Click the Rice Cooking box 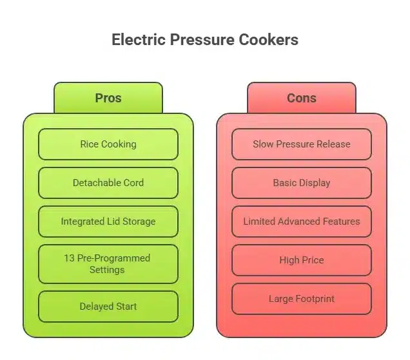(x=108, y=144)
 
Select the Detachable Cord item (x=108, y=183)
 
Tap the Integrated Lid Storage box (x=108, y=222)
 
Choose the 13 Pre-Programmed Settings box (x=108, y=264)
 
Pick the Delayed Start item (x=108, y=307)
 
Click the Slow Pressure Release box (x=301, y=144)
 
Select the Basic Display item (x=301, y=183)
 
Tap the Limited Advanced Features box (x=301, y=222)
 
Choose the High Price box (x=301, y=260)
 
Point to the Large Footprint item (x=301, y=299)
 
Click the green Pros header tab (x=108, y=98)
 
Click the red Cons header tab (x=301, y=98)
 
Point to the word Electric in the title (x=138, y=40)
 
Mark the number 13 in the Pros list (x=69, y=258)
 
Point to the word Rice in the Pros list (x=90, y=144)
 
